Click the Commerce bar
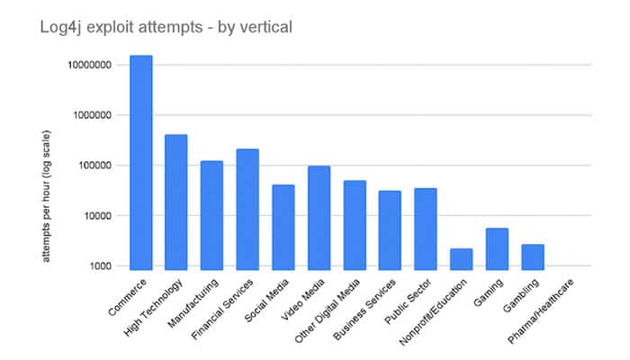point(140,162)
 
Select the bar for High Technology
point(176,202)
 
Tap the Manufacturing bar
point(211,215)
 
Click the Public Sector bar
point(426,229)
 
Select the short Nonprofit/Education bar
point(461,259)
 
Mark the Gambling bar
point(533,256)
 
